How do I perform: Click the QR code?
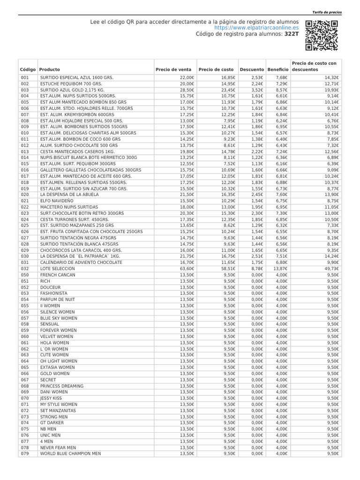click(x=321, y=36)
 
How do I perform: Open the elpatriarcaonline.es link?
click(x=256, y=28)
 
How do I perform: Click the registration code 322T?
click(x=292, y=34)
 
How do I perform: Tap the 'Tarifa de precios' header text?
click(x=327, y=12)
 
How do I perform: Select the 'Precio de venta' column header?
click(x=173, y=69)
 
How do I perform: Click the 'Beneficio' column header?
click(x=277, y=69)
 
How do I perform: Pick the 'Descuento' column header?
click(x=252, y=69)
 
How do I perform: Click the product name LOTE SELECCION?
click(x=57, y=269)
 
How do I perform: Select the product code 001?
click(x=25, y=77)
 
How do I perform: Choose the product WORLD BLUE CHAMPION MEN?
click(x=70, y=454)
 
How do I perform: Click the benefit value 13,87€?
click(x=280, y=269)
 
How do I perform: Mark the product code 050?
click(x=25, y=275)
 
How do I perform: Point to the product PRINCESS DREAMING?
click(x=62, y=386)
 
